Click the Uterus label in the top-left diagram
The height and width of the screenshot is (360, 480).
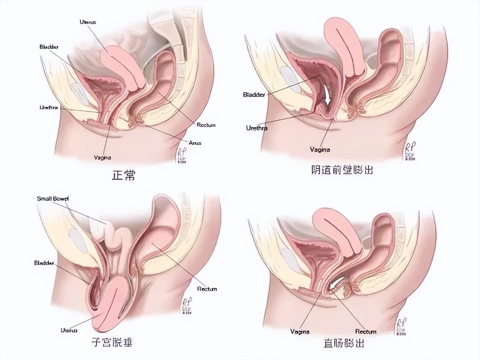pos(88,21)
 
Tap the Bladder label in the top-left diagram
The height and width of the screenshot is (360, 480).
pos(49,47)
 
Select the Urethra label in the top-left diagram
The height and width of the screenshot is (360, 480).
pos(49,108)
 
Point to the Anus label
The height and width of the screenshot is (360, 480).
pos(195,143)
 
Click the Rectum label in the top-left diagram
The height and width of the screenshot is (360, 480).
pos(206,125)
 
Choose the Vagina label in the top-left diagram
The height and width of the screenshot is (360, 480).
pos(103,157)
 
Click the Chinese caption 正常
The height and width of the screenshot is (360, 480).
pos(123,176)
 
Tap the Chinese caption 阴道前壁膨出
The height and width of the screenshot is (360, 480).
pos(342,169)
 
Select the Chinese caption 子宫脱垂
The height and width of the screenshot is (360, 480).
pos(115,343)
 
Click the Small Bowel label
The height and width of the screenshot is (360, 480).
pos(53,199)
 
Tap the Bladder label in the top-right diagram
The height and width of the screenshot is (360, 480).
pos(254,95)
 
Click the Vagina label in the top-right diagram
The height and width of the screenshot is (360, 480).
pos(320,150)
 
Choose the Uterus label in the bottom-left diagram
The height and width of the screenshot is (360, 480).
pos(69,330)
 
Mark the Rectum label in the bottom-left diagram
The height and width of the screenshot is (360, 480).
pos(207,289)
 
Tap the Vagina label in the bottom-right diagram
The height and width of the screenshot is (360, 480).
pos(300,332)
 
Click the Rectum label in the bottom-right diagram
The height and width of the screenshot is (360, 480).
pos(366,332)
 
